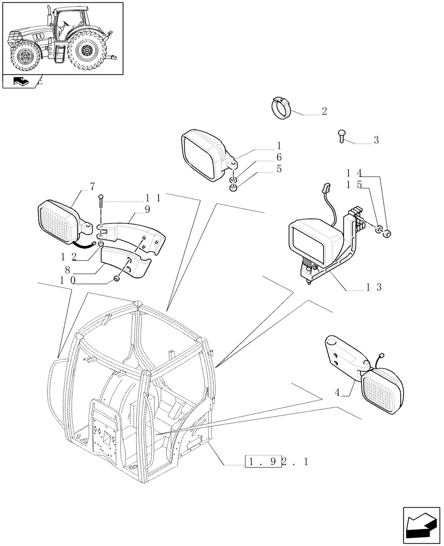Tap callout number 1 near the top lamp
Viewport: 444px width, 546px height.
click(279, 146)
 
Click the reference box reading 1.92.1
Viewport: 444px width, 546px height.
click(277, 462)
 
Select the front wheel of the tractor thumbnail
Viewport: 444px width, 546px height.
click(25, 57)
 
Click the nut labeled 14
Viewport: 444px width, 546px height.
click(387, 235)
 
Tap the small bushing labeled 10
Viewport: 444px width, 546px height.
click(116, 280)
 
